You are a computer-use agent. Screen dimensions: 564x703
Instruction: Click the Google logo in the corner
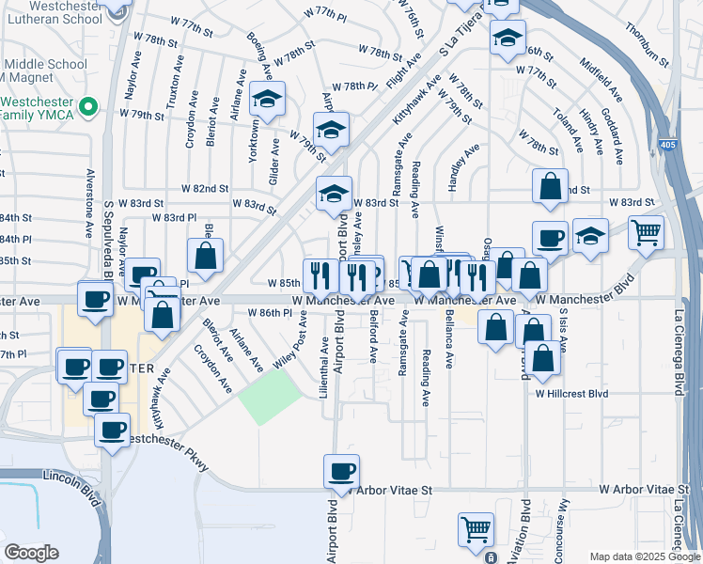tap(31, 553)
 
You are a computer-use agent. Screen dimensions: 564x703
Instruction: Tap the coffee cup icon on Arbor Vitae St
tap(341, 471)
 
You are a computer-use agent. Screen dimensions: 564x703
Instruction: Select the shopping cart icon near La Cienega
tap(646, 232)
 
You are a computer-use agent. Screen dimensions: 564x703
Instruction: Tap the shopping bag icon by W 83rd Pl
tap(205, 255)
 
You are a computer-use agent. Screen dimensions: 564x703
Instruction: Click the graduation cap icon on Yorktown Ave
tap(268, 100)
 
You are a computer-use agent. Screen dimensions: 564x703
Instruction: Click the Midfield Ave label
tap(601, 81)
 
